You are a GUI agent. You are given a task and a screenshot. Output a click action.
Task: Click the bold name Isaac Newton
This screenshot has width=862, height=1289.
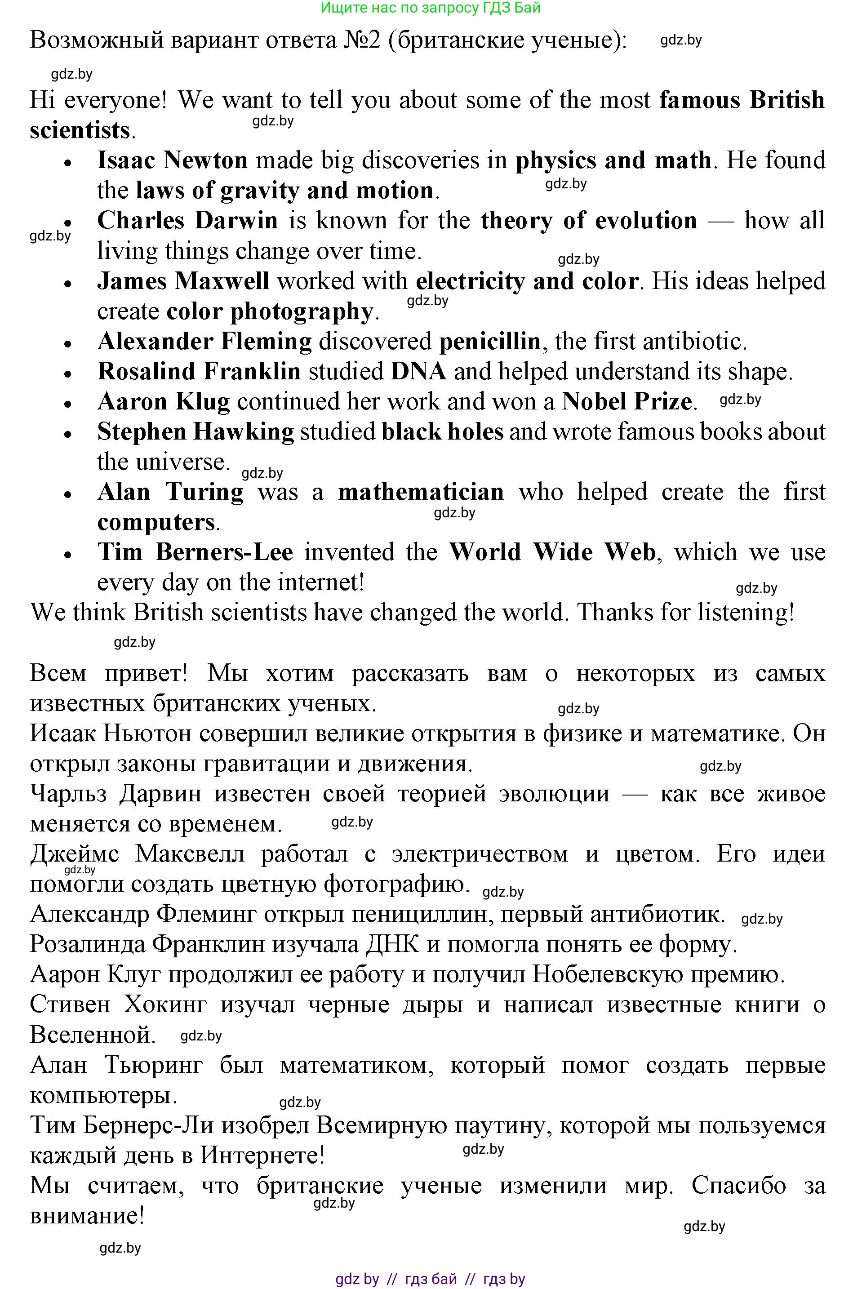(x=172, y=160)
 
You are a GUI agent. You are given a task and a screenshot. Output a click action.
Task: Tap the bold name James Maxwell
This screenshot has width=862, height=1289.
(x=183, y=281)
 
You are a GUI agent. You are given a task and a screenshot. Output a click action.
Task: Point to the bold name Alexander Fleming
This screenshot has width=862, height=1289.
(x=204, y=342)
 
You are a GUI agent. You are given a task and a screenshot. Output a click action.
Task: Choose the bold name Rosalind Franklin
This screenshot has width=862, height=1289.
(x=199, y=372)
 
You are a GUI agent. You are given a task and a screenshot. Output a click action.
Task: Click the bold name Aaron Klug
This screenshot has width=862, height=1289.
(x=164, y=402)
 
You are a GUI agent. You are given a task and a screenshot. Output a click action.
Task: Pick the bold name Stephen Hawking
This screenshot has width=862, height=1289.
(x=196, y=432)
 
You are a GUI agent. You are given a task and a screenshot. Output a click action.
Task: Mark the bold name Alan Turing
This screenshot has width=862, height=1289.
(x=170, y=492)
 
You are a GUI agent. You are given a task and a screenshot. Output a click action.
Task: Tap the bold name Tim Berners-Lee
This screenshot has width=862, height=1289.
(x=195, y=552)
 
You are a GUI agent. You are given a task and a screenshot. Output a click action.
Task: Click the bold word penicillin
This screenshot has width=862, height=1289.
(x=490, y=342)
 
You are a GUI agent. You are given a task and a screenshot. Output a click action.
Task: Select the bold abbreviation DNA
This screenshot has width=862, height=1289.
(x=418, y=372)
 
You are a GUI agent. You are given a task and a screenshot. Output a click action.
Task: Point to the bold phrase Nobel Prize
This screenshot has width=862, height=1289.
(x=627, y=402)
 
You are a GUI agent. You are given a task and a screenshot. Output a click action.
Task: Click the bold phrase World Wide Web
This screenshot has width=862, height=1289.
(x=552, y=552)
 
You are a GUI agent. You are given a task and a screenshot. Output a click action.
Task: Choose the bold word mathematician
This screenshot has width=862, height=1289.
(x=421, y=492)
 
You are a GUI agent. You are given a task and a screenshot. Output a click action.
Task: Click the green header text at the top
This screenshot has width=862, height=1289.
(x=431, y=8)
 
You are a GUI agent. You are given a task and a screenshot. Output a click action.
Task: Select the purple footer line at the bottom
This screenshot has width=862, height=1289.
(x=431, y=1280)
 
